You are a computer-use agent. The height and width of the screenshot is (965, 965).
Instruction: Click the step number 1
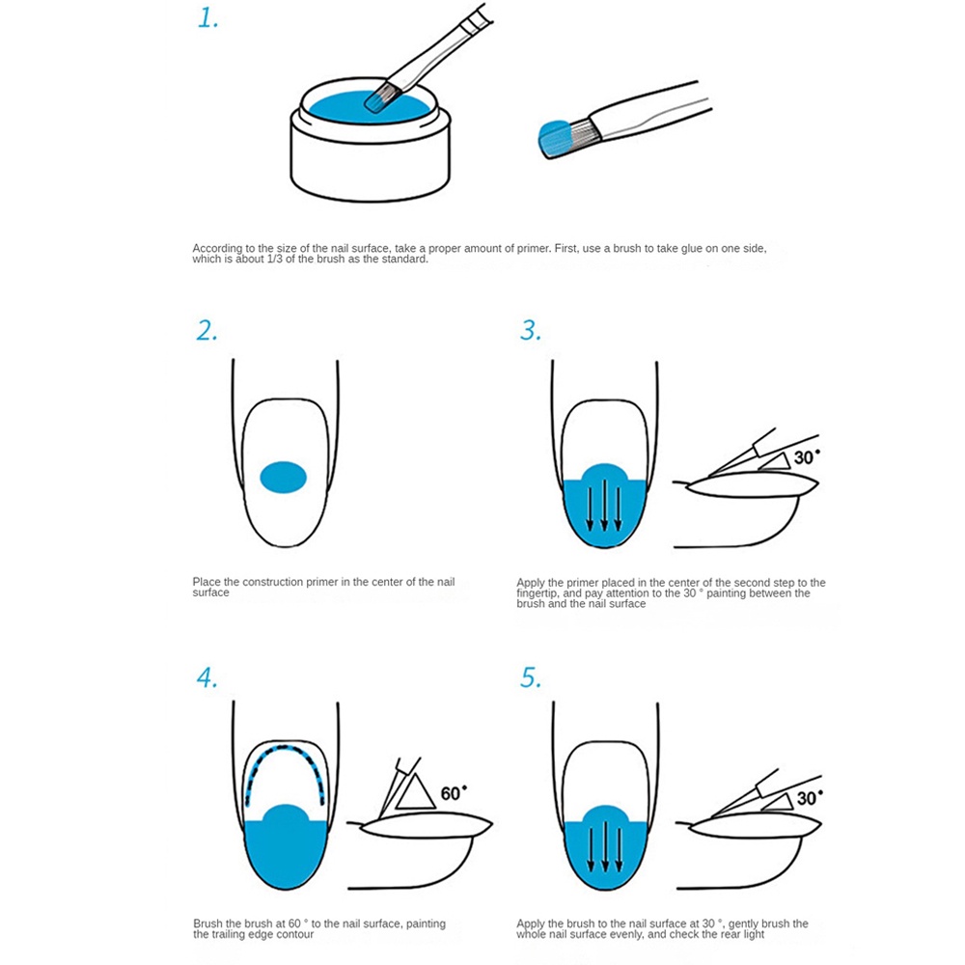click(x=208, y=18)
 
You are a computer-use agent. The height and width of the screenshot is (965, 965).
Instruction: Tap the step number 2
click(x=207, y=331)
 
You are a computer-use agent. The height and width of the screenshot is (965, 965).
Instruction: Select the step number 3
click(x=531, y=331)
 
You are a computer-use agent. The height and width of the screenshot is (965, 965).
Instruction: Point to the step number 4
click(x=207, y=677)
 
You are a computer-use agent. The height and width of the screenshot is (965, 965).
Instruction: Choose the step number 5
click(x=531, y=677)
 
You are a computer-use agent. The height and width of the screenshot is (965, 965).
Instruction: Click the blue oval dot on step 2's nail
click(x=283, y=477)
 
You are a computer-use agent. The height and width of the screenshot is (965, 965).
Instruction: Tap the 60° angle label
click(x=454, y=793)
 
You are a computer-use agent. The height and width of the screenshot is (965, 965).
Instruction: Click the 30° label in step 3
click(x=807, y=457)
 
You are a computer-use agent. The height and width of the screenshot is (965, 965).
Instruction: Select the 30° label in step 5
click(x=810, y=798)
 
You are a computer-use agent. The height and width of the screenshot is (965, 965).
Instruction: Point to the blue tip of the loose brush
click(x=553, y=138)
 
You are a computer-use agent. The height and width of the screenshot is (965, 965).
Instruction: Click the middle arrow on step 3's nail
click(x=604, y=505)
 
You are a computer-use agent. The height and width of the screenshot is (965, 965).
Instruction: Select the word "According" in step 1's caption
click(x=217, y=249)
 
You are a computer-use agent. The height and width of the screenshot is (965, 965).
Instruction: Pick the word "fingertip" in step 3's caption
click(x=538, y=593)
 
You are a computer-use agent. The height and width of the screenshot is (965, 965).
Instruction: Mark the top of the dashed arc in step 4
click(x=284, y=748)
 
